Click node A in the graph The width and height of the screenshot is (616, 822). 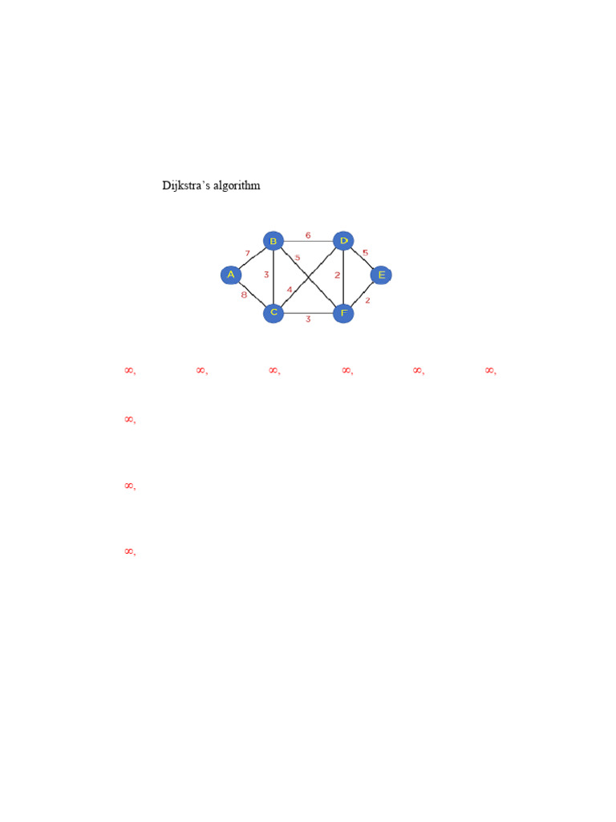tap(231, 275)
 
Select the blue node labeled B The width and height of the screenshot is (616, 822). tap(274, 241)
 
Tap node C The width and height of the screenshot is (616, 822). tap(274, 312)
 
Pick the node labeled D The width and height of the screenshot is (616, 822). tap(343, 241)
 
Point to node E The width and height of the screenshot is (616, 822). tap(381, 275)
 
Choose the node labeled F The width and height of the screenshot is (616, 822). tap(343, 312)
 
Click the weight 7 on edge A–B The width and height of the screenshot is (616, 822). tap(248, 254)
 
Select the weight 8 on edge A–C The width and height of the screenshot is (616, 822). tap(244, 295)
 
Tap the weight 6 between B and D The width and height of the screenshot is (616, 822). tap(308, 235)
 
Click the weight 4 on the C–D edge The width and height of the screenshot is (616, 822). tap(290, 290)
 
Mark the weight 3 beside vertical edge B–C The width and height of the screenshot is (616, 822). tap(266, 275)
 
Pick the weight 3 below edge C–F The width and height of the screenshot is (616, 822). tap(308, 319)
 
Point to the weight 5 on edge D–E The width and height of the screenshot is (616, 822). tap(365, 253)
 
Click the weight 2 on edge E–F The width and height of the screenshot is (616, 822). tap(367, 301)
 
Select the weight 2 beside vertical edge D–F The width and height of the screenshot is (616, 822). tap(337, 275)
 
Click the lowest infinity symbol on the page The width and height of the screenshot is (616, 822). tap(128, 551)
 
